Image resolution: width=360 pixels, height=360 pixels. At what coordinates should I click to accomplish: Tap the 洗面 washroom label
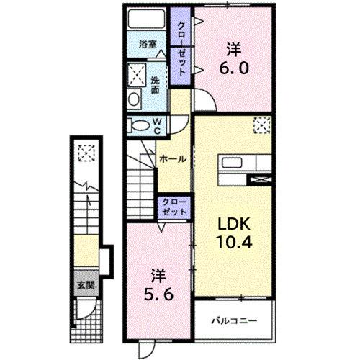coord(156,85)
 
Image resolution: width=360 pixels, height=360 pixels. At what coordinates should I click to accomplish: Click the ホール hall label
coord(173,158)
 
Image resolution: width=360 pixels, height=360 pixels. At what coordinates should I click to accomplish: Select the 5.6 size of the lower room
coord(159,294)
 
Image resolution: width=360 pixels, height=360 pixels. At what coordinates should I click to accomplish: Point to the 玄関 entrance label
coord(85,284)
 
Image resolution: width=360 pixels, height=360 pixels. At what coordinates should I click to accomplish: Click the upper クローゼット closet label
coord(181,47)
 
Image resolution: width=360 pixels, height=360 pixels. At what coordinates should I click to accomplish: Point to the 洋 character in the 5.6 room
coord(158,275)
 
